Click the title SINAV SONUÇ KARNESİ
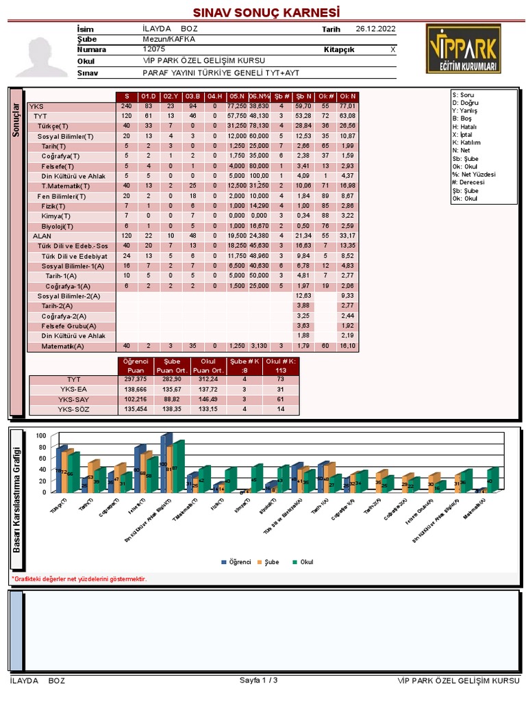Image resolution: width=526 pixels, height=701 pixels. pos(266,13)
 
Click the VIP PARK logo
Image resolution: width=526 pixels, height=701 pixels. pos(462,50)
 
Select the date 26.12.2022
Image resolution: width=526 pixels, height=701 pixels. pos(376,29)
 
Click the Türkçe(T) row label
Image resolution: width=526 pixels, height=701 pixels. pos(53,126)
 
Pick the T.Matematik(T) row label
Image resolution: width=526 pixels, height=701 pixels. pos(65,186)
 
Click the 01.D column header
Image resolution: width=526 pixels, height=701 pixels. pos(149,96)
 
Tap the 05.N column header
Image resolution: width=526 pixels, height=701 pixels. pos(237,96)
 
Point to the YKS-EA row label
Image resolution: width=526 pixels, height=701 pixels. pos(74,389)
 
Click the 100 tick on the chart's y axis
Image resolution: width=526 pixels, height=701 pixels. pos(40,436)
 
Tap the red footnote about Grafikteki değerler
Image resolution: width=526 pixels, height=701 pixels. pos(79,579)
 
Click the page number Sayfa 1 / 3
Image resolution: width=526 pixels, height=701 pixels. pos(258,680)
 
